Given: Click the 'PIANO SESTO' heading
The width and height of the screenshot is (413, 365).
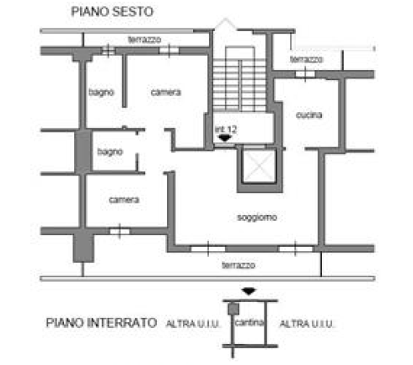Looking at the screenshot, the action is tap(112, 12).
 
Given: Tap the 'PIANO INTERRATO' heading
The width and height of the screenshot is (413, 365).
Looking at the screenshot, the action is tap(101, 323).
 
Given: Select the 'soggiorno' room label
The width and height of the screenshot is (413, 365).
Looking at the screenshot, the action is tap(257, 217).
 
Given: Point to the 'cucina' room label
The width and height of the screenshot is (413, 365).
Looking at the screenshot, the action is tap(309, 115).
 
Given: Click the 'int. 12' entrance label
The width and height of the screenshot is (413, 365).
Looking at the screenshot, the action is tap(226, 129).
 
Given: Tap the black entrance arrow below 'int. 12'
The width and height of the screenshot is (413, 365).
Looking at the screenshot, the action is tap(225, 138).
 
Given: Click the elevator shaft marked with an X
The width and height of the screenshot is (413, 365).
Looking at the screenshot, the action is tap(260, 166).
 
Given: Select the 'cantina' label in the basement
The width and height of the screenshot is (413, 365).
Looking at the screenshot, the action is tap(249, 322).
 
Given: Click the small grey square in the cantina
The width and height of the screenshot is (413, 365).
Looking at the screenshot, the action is tap(233, 309).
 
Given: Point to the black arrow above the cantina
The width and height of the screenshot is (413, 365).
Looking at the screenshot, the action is tap(249, 292).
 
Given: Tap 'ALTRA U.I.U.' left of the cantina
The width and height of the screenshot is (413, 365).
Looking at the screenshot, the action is tap(193, 324).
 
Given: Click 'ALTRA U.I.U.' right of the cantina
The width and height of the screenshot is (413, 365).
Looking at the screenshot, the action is tap(307, 324).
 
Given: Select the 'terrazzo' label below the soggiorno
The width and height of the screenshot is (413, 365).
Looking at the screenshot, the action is tap(239, 265).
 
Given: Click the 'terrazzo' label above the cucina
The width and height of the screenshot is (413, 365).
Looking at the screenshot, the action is tap(307, 59).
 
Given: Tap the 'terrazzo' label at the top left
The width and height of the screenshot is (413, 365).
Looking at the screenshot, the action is tap(145, 40).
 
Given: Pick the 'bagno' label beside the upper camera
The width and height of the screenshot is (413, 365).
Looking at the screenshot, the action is tap(101, 92).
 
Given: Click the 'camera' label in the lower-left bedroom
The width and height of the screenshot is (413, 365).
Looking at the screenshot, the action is tap(124, 200).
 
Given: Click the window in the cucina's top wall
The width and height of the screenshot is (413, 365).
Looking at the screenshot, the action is tap(305, 74).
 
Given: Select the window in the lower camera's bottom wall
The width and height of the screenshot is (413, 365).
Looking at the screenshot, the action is tap(120, 232).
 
